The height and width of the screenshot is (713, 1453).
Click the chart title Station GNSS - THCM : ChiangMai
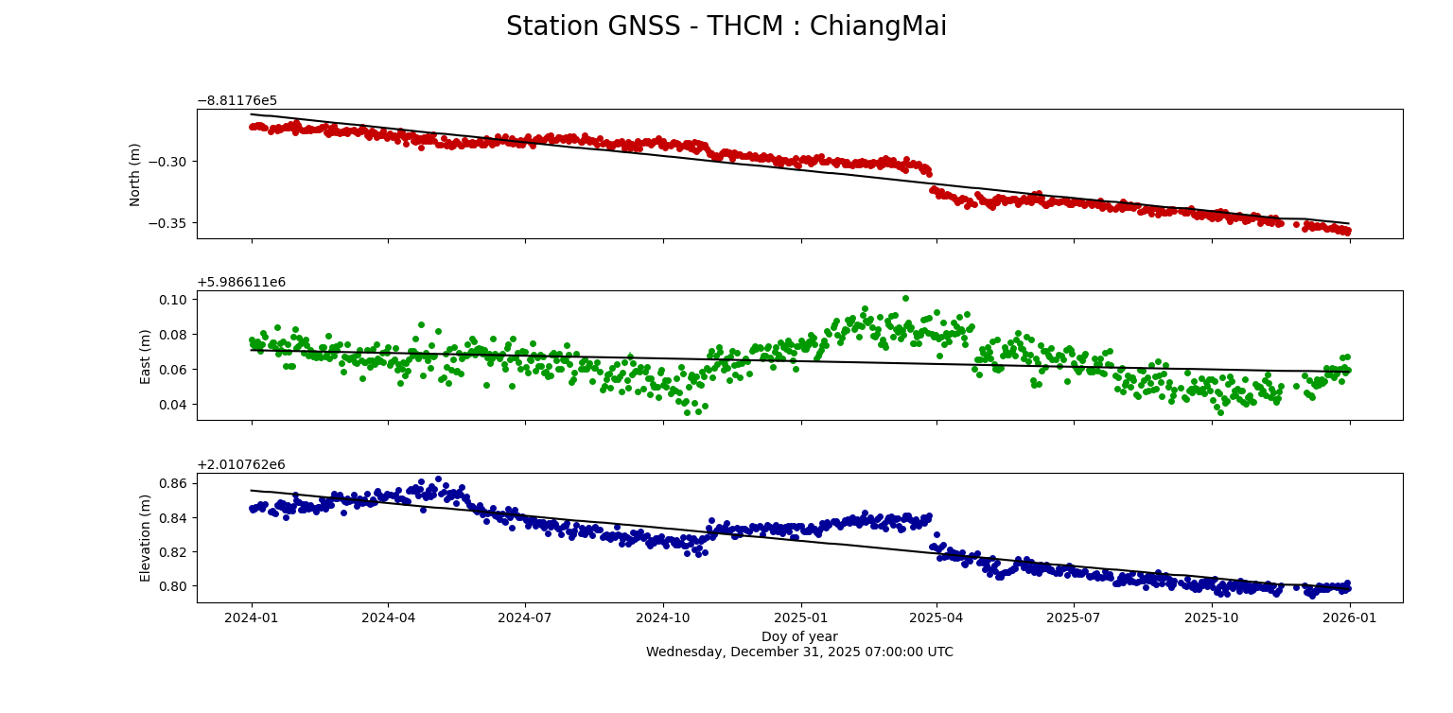(726, 26)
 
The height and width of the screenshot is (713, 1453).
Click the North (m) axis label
(135, 174)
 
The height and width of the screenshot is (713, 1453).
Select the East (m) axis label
(146, 356)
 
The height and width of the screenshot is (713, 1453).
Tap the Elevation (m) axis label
(146, 537)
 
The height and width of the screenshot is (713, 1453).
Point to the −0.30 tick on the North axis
(167, 162)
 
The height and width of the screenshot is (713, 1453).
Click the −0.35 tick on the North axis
(167, 223)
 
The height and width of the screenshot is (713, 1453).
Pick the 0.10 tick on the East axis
(173, 299)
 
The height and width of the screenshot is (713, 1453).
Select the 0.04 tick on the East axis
(173, 405)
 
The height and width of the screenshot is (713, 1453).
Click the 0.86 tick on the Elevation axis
(173, 483)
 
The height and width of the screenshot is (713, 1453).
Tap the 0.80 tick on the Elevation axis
(173, 586)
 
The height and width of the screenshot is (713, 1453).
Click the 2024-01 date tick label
(251, 618)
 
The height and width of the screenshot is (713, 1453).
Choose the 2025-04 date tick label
(937, 618)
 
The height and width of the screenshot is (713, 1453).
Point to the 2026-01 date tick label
(1349, 618)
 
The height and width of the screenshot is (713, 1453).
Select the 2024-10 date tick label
(662, 618)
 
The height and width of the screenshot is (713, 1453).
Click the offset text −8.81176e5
(236, 101)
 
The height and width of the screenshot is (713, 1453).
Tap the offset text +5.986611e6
(241, 283)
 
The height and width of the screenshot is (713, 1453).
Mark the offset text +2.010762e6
(241, 464)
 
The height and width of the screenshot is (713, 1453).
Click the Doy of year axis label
(799, 636)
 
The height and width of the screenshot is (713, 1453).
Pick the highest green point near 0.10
(905, 299)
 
